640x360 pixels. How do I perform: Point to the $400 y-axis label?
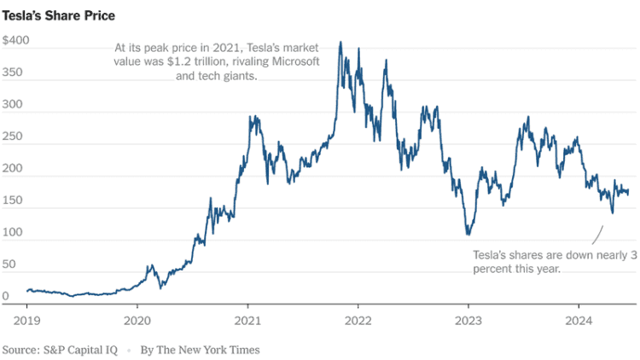pos(16,41)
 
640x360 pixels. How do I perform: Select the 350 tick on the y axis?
pos(14,73)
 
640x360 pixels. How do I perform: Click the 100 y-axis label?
pos(14,233)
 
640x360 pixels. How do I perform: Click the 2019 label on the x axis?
pos(27,321)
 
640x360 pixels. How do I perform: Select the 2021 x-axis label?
pos(247,321)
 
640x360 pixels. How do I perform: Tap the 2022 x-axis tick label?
pos(358,321)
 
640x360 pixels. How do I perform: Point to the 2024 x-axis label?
pos(579,321)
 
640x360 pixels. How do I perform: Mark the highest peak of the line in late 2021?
pos(340,42)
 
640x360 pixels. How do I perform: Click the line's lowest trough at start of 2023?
pos(468,235)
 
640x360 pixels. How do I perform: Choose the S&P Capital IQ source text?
pos(60,349)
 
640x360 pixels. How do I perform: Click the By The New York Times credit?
pos(200,349)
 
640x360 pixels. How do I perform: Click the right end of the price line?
pos(629,193)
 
